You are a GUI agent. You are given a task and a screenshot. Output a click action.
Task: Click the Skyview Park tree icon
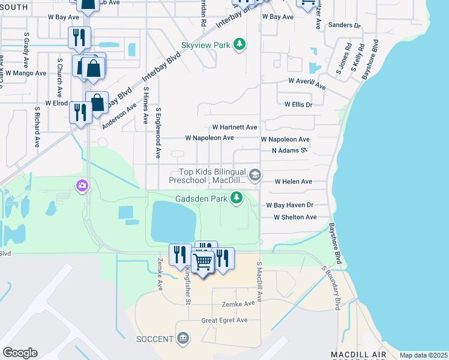click(240, 45)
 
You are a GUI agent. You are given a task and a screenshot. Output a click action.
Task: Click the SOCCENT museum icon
click(183, 339)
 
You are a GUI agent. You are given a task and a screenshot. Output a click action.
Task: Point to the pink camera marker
click(82, 187)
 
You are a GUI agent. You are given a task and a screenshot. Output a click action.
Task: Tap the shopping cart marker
click(203, 262)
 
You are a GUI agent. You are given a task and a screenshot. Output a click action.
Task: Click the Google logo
click(20, 352)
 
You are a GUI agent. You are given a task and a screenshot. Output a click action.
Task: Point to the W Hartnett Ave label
click(235, 127)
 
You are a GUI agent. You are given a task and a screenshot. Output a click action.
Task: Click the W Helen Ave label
click(293, 181)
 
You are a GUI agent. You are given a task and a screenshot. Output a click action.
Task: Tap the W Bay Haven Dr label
click(290, 205)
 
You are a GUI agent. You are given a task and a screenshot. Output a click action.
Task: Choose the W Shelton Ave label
click(295, 217)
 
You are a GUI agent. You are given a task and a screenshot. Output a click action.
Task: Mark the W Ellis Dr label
click(298, 104)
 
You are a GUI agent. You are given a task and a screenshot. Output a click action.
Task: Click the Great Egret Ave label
click(224, 320)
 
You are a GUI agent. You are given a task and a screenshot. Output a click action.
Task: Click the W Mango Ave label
click(26, 73)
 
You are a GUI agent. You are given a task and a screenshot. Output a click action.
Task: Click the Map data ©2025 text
click(423, 355)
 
